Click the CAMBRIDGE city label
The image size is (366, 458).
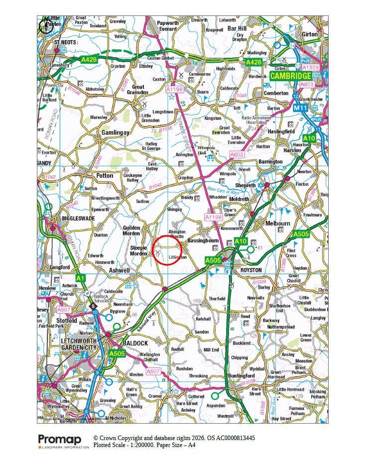click(290, 76)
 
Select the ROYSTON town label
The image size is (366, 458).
click(251, 270)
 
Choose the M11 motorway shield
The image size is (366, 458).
click(301, 108)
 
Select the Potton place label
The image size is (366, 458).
click(105, 176)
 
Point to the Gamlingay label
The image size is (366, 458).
click(116, 133)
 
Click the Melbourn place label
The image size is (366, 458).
click(278, 224)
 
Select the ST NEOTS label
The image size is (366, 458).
click(65, 42)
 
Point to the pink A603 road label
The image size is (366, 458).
click(237, 155)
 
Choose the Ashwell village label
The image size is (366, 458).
click(120, 270)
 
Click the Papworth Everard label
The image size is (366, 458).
click(168, 26)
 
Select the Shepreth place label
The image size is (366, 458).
click(245, 185)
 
